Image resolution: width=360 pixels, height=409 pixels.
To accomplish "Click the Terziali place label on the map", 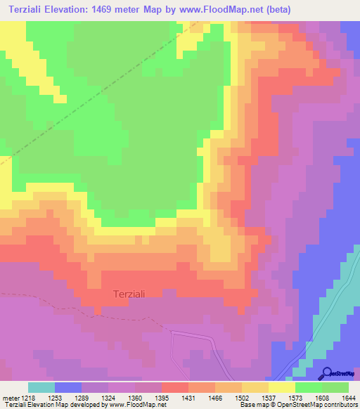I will tap(129, 294).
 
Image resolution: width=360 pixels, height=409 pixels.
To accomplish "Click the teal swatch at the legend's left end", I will tap(41, 387).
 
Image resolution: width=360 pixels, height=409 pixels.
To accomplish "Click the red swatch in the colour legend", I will tap(175, 387).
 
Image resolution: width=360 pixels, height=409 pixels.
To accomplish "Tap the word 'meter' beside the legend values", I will tap(11, 397).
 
